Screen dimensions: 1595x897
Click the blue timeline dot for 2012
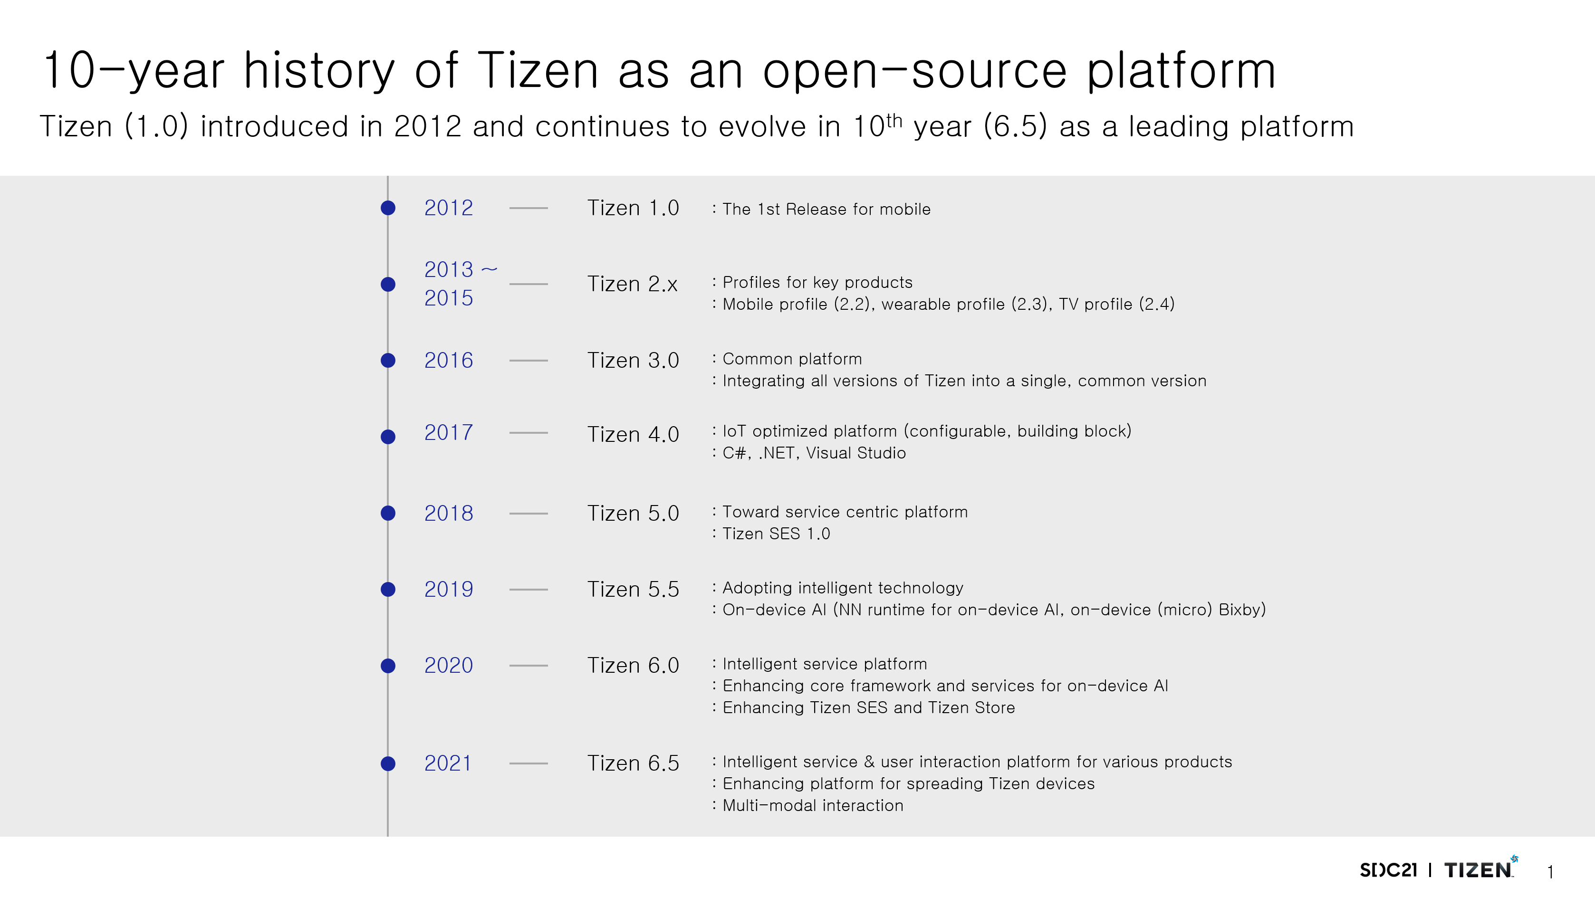pos(388,208)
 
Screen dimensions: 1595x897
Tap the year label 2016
pos(448,360)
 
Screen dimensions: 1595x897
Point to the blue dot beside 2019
pos(388,589)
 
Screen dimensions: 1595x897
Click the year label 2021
pos(448,763)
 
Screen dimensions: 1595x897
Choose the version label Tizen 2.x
pos(632,284)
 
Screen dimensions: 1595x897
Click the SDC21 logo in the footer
pos(1388,870)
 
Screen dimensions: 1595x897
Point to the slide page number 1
pos(1550,872)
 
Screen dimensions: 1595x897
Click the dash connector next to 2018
pos(528,513)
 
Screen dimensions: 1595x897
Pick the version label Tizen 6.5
pos(633,763)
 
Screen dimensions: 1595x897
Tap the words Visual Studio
pos(855,453)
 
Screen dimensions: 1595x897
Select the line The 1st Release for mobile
pos(826,209)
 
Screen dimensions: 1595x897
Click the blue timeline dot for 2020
pos(388,666)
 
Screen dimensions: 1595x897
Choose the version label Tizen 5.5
pos(633,589)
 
